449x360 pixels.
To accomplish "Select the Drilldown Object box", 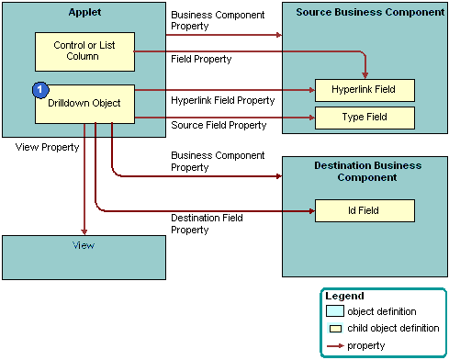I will tap(84, 104).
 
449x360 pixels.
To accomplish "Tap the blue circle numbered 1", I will tap(40, 90).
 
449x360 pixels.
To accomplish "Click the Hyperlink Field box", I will tap(365, 90).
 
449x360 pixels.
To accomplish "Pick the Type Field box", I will tap(365, 118).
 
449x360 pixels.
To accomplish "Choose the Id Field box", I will tap(365, 210).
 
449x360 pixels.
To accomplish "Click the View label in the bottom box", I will tap(84, 245).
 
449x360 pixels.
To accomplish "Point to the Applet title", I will tap(84, 11).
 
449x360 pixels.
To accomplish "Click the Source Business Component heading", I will tap(365, 11).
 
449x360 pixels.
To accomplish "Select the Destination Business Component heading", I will tap(365, 171).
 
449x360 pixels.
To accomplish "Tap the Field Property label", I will tap(201, 59).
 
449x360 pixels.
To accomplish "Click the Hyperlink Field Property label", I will tap(222, 99).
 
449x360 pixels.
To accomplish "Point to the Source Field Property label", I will tap(219, 125).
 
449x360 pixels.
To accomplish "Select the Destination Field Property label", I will tap(207, 223).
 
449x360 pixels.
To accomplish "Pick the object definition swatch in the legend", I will tap(336, 312).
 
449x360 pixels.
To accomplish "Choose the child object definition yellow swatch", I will tap(337, 329).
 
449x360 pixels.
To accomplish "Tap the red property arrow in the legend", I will tap(337, 345).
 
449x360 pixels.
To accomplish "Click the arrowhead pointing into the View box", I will tap(84, 231).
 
